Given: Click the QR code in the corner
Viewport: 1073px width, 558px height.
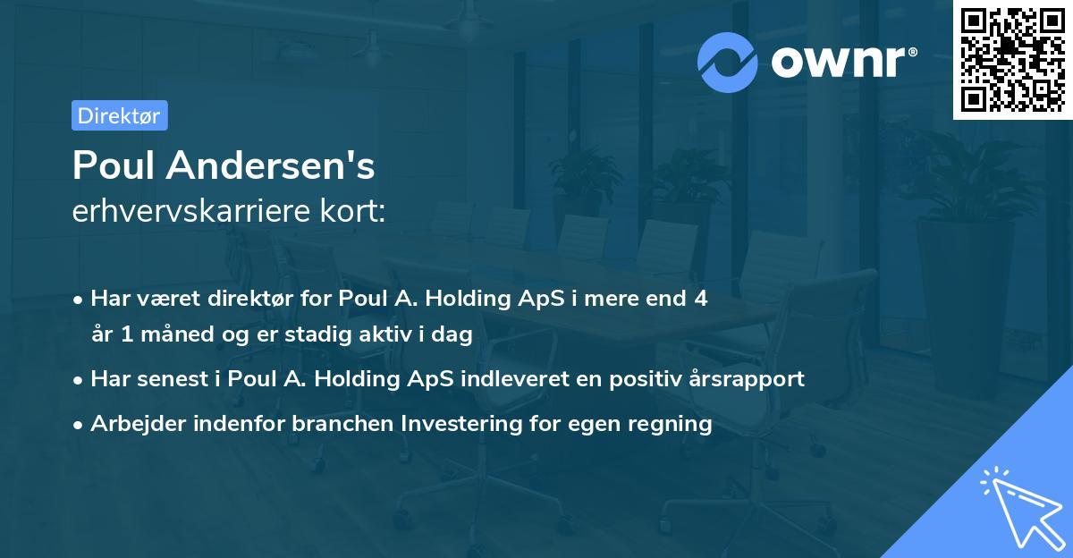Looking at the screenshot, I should point(1012,59).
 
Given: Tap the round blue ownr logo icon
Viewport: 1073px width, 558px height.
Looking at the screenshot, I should point(728,62).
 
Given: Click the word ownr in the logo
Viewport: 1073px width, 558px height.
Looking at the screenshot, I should point(840,62).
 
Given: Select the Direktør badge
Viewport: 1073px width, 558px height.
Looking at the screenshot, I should point(119,115).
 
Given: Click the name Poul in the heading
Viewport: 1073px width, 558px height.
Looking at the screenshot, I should point(114,165).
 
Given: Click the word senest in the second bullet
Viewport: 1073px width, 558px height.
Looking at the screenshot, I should point(171,378).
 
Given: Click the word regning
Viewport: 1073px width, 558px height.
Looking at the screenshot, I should point(672,423).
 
